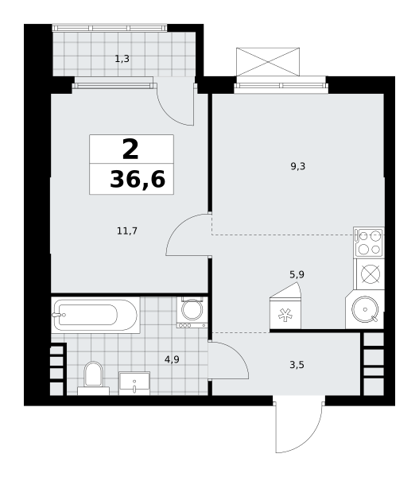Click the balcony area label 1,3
point(122,59)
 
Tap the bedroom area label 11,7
point(127,231)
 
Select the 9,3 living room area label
point(298,166)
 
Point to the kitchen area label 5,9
point(297,275)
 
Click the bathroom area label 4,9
point(172,360)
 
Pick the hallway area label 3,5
point(297,365)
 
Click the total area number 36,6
point(138,179)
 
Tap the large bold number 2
point(130,149)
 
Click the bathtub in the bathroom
point(95,315)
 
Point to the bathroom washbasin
point(134,383)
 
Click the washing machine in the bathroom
point(192,312)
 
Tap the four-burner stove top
point(369,242)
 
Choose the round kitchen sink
point(365,309)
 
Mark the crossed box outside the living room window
point(268,62)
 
